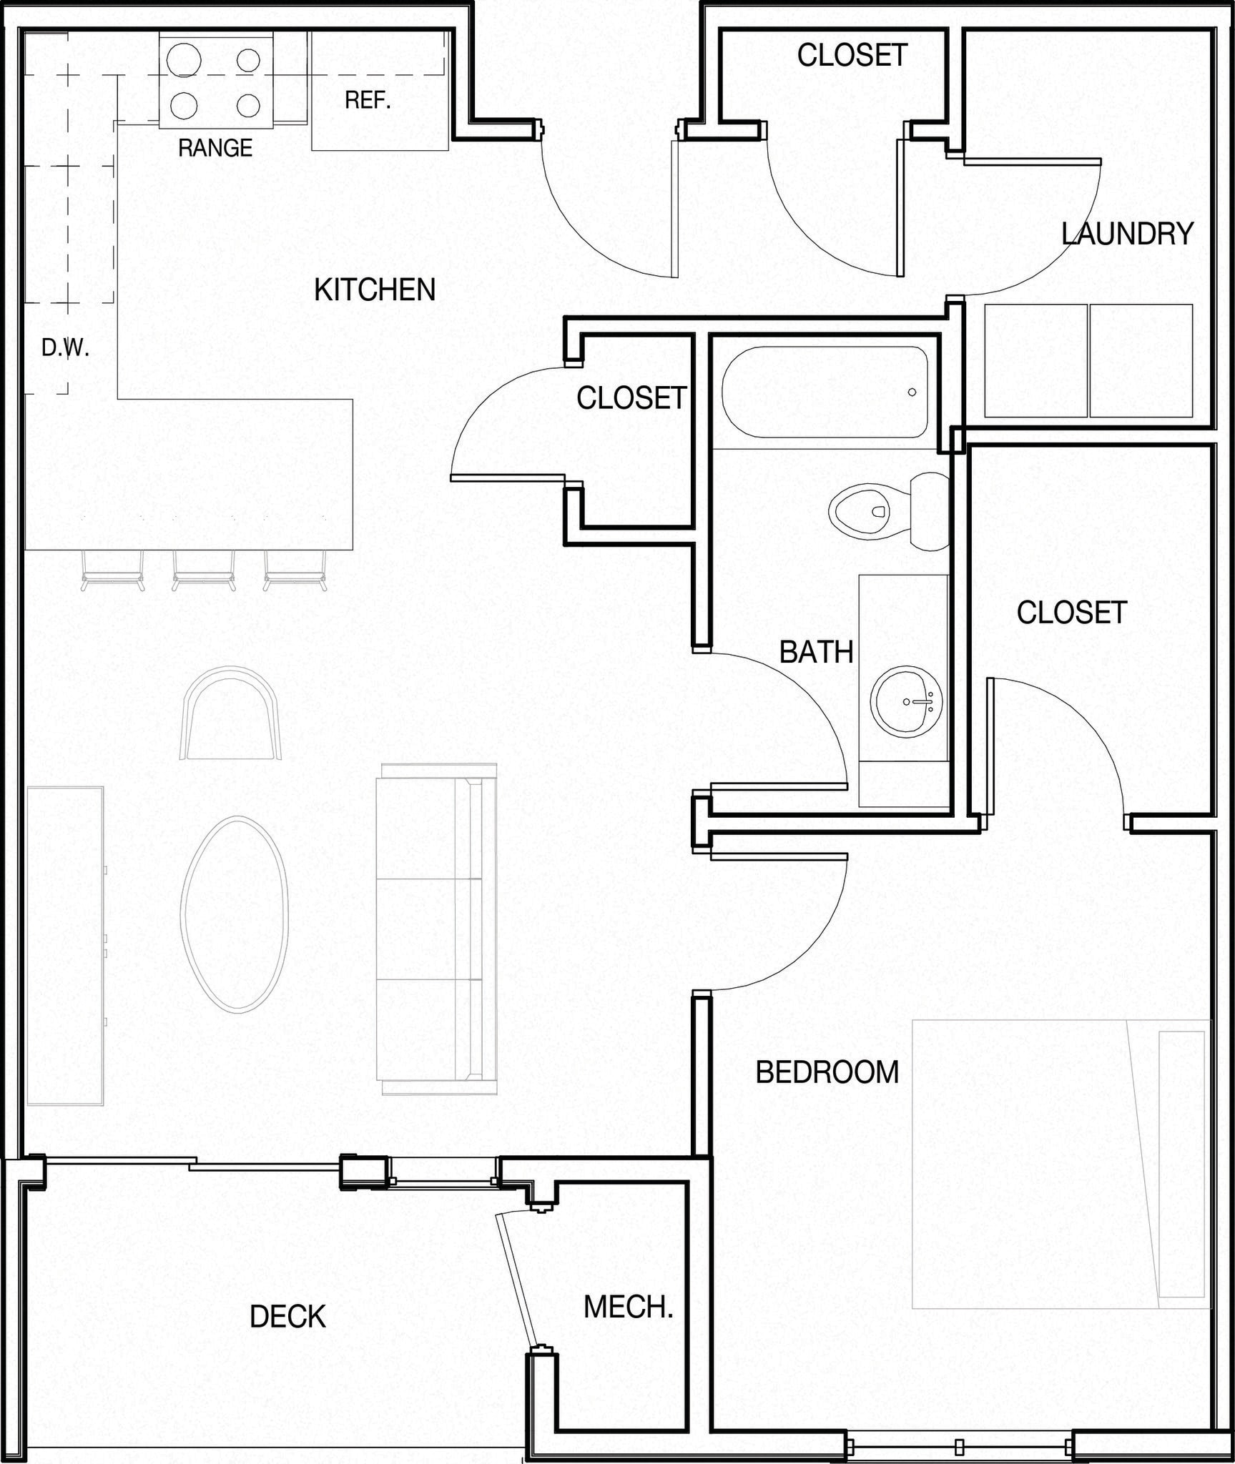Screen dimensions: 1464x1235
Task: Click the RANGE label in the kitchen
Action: coord(215,148)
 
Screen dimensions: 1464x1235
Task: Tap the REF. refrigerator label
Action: coord(368,100)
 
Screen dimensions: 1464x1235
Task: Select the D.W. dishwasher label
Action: coord(65,348)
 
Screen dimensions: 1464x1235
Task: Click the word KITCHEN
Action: coord(375,290)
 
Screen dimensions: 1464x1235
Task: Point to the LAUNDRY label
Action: coord(1127,234)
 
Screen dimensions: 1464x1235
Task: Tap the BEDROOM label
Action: coord(827,1072)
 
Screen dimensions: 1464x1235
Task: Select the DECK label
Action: coord(287,1317)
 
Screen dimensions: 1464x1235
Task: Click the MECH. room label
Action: coord(628,1307)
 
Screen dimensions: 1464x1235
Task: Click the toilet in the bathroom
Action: coord(887,511)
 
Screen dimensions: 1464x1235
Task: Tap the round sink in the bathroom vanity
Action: coord(906,702)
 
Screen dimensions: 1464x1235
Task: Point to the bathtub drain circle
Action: coord(912,392)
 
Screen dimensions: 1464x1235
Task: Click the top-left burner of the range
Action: coord(182,59)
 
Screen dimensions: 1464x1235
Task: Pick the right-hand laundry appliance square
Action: coord(1141,360)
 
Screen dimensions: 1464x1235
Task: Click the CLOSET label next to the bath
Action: coord(631,398)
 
